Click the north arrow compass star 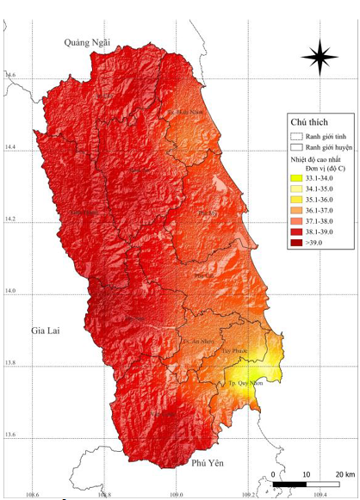pos(319,57)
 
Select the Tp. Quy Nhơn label pos(243,382)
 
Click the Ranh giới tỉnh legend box pos(297,135)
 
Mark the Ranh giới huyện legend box pos(297,147)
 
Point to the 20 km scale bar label pos(344,474)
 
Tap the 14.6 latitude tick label pos(9,77)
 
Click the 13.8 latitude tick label pos(9,366)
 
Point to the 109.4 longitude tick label pos(320,495)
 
